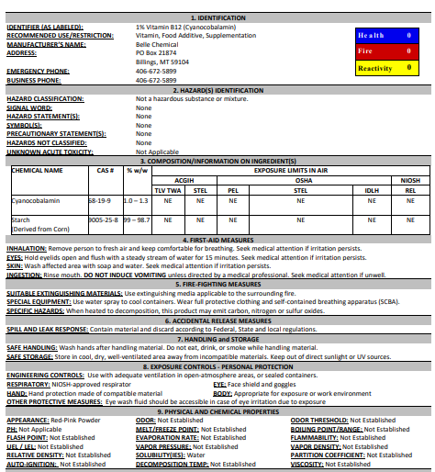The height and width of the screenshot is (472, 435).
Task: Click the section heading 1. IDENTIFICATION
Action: tap(217, 17)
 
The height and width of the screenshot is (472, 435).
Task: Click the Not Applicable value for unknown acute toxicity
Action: tap(157, 152)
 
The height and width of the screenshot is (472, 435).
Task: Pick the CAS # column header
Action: tap(105, 170)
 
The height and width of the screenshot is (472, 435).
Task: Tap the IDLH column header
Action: tap(372, 189)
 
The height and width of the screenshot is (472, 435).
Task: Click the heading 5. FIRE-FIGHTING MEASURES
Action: tap(217, 285)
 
